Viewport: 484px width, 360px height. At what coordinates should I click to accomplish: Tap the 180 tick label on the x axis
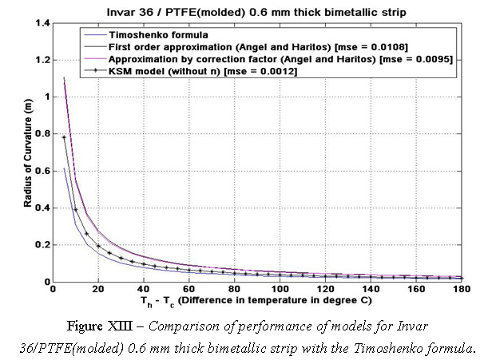pyautogui.click(x=462, y=289)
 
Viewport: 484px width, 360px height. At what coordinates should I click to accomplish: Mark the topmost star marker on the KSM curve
pyautogui.click(x=64, y=137)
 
